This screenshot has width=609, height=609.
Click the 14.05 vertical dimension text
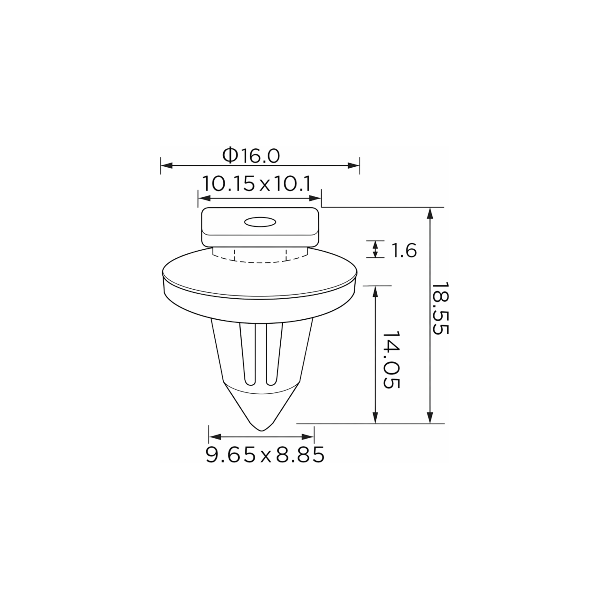click(x=391, y=359)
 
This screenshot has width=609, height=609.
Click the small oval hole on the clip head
click(x=260, y=222)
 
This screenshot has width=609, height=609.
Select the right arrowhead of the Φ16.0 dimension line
click(x=353, y=165)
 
